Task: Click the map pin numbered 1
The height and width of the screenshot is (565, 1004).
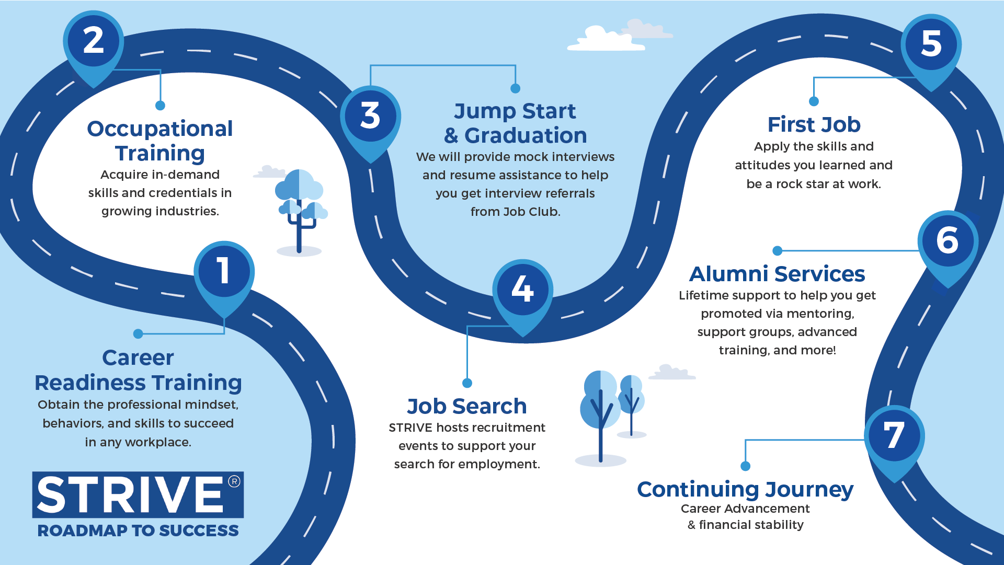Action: click(224, 272)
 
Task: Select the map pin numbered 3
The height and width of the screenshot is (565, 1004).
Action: click(370, 117)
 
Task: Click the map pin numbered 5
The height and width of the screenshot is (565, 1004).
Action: click(931, 44)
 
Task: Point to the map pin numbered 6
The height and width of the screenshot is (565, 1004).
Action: click(948, 241)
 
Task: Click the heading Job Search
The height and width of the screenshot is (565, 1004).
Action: click(467, 406)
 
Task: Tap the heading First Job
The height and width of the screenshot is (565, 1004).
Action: click(814, 124)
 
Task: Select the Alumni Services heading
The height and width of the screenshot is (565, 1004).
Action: click(777, 274)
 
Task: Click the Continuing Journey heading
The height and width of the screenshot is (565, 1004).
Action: click(745, 489)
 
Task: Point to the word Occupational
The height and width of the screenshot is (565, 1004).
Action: click(160, 129)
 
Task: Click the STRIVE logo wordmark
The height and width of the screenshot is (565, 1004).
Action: click(131, 494)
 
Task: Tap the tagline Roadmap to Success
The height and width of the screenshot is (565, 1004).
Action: click(138, 531)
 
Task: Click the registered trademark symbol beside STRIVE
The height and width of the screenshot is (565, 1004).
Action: click(234, 481)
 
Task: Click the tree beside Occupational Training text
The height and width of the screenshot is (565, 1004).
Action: click(300, 209)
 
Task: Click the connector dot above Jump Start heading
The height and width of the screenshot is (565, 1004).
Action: click(515, 88)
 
